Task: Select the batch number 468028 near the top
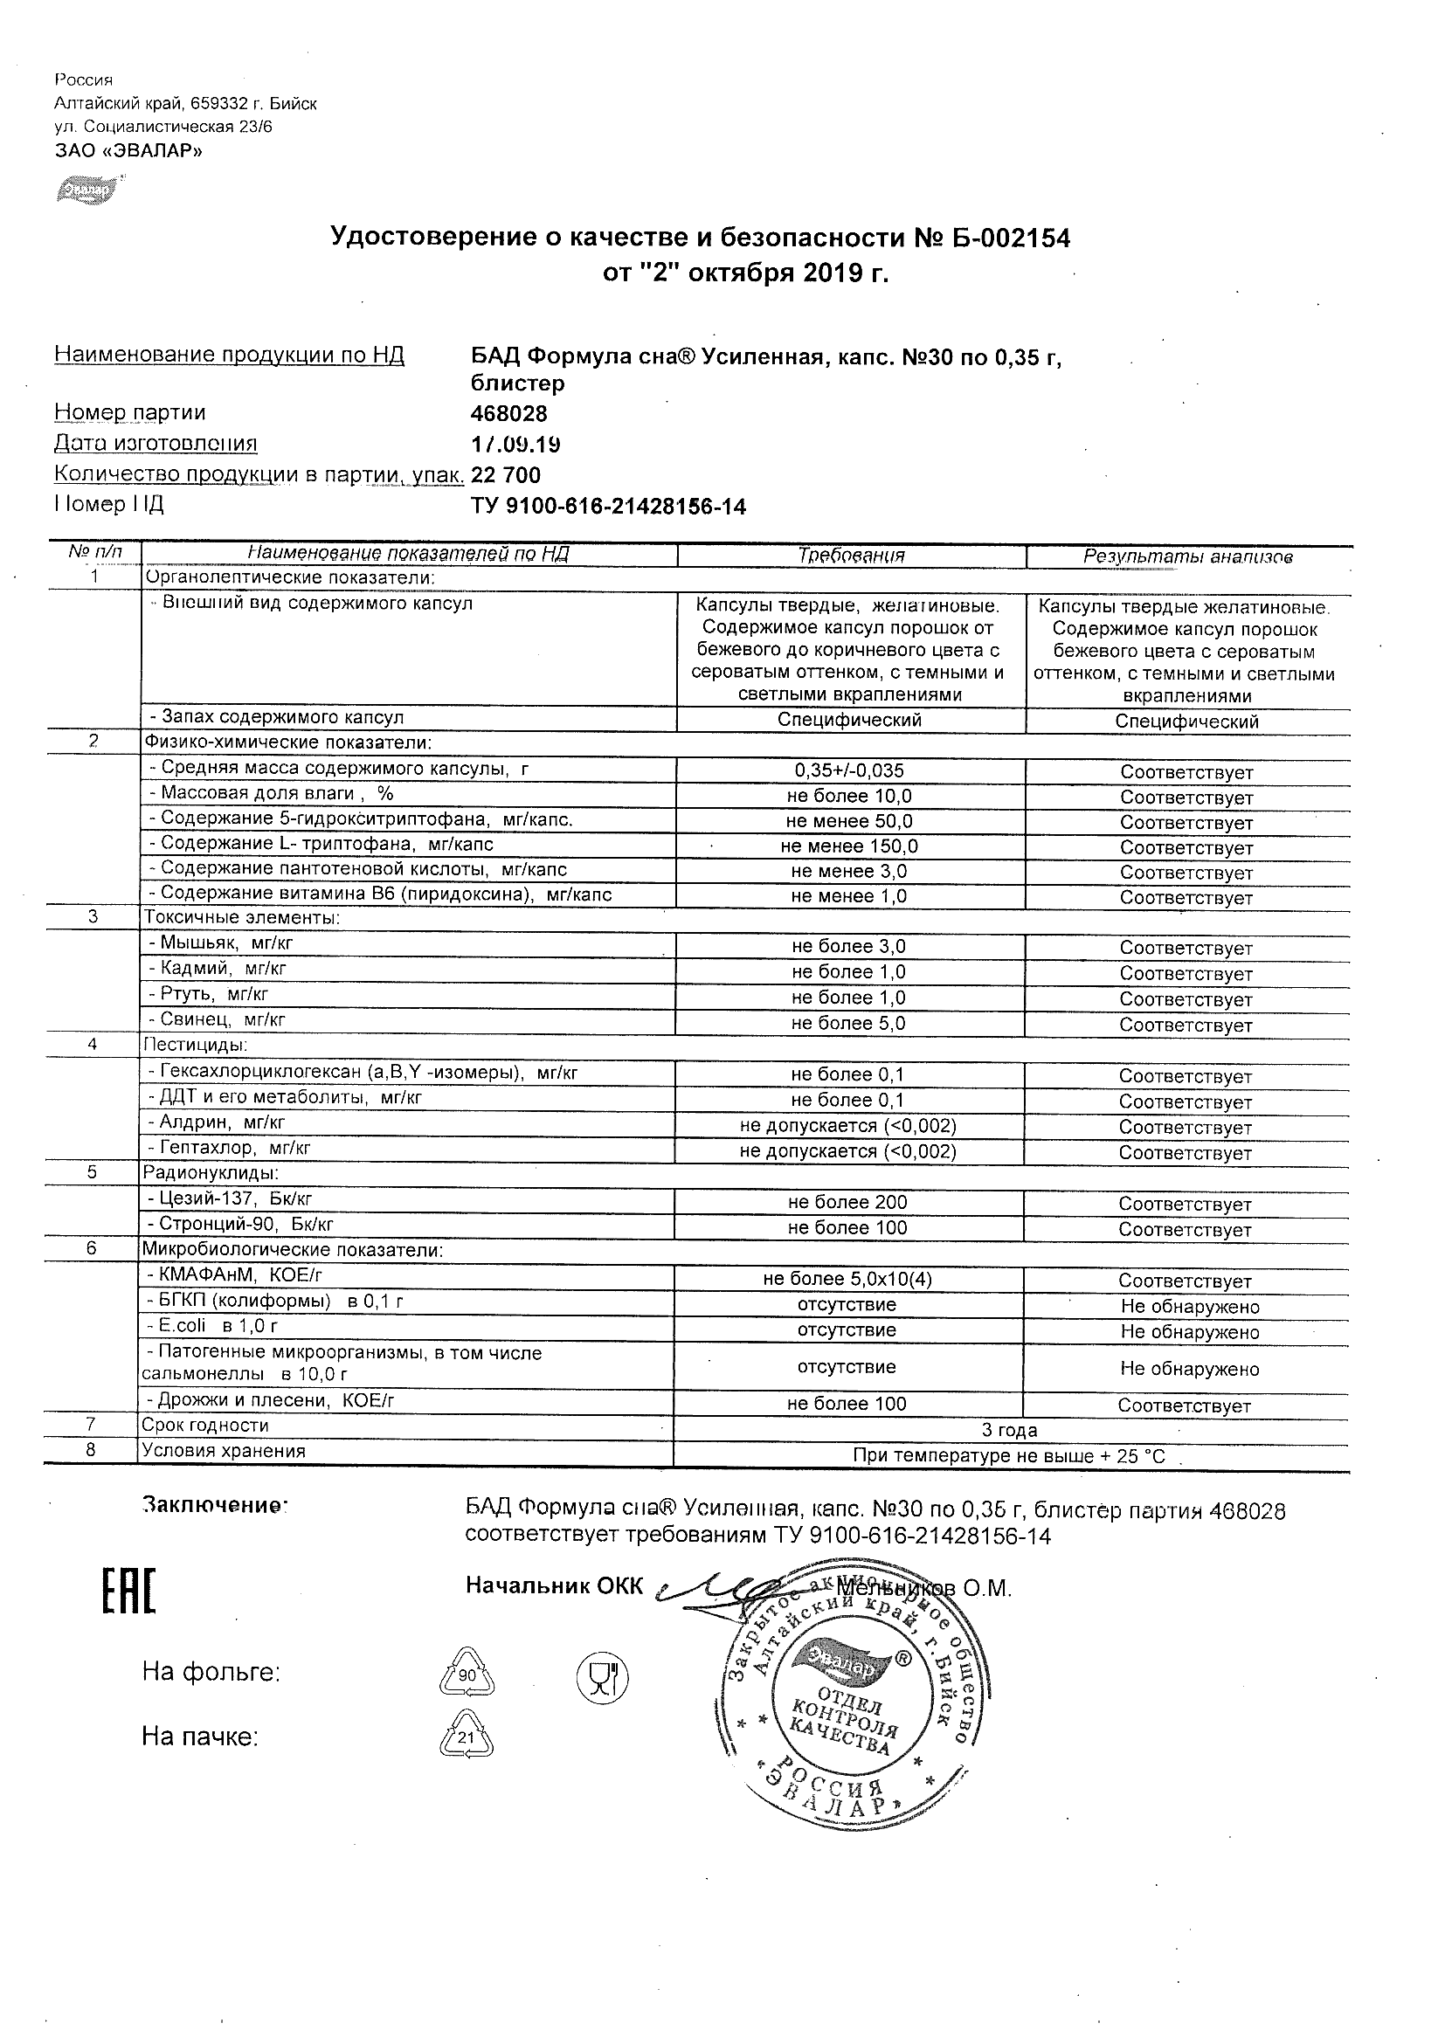tap(508, 414)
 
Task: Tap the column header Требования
tap(850, 556)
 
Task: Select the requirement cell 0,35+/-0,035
tap(849, 771)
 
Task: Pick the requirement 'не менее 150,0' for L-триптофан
tap(849, 846)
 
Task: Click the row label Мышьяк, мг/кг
tap(221, 943)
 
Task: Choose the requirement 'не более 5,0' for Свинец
tap(847, 1024)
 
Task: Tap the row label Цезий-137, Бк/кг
tap(230, 1199)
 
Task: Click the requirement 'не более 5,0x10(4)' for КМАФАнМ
tap(847, 1280)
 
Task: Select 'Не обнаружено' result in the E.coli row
tap(1190, 1333)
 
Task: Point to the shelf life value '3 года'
tap(1009, 1431)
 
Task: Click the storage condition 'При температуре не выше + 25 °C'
tap(1009, 1456)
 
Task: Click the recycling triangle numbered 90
tap(467, 1675)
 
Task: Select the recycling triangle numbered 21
tap(467, 1736)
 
